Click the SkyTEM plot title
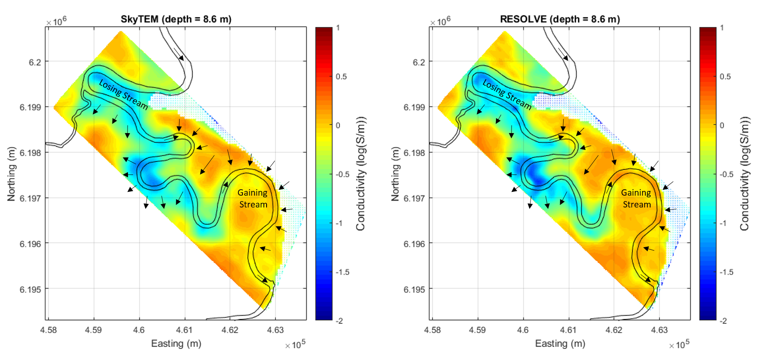(x=176, y=19)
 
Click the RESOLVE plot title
(x=560, y=19)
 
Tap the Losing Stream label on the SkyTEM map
(x=123, y=95)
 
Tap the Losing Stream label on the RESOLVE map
(x=507, y=95)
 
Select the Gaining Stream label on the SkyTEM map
(x=253, y=199)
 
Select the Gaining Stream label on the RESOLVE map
(x=636, y=199)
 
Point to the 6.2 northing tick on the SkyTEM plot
(x=35, y=62)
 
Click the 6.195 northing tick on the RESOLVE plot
(x=415, y=289)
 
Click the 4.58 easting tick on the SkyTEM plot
(x=49, y=330)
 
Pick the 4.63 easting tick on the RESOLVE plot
(x=659, y=330)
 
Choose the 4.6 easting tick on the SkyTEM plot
(x=139, y=330)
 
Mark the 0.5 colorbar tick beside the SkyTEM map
(x=341, y=76)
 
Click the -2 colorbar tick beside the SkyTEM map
(x=339, y=321)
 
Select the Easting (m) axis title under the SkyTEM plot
(x=176, y=344)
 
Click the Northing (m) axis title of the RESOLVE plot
(x=395, y=174)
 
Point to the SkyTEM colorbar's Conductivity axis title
(x=360, y=174)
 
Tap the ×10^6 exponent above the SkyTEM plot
(x=56, y=21)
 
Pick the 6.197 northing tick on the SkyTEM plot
(x=31, y=198)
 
